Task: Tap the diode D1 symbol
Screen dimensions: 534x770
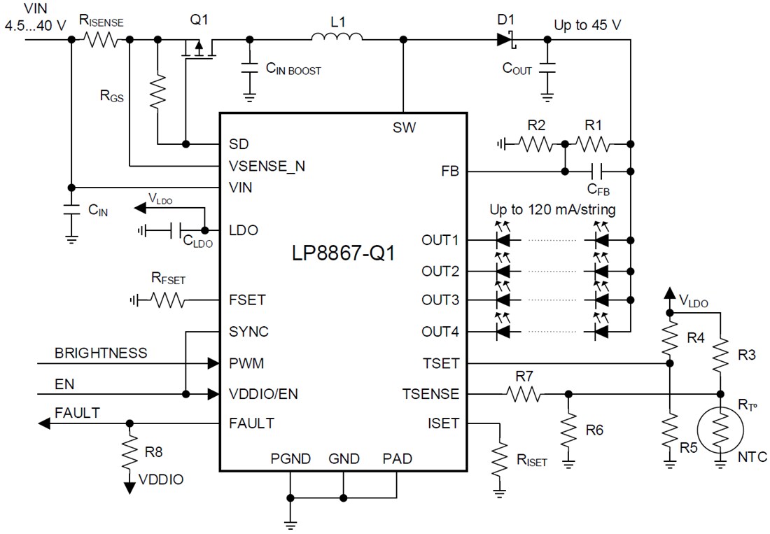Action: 506,40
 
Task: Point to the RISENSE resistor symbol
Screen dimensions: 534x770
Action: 101,40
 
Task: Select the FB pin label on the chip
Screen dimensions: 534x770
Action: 449,170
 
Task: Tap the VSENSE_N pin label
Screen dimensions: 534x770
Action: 267,166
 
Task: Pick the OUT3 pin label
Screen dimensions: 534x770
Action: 440,300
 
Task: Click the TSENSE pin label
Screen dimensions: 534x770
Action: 430,394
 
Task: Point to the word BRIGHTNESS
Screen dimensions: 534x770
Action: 101,353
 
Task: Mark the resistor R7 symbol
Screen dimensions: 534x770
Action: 524,395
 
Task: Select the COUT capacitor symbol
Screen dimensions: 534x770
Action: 547,67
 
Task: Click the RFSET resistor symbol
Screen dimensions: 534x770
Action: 167,300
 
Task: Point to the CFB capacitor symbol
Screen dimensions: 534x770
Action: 595,170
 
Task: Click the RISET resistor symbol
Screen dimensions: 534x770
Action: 498,457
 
